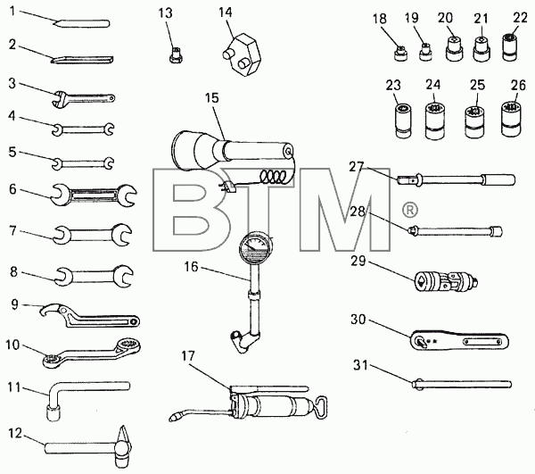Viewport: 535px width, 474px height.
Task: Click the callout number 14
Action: pyautogui.click(x=226, y=12)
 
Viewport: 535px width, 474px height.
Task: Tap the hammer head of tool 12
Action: pyautogui.click(x=123, y=446)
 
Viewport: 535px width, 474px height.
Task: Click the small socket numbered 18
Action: pyautogui.click(x=400, y=54)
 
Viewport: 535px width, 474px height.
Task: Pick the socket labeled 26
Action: pyautogui.click(x=512, y=119)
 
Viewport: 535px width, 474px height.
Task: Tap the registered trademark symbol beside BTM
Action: pyautogui.click(x=409, y=210)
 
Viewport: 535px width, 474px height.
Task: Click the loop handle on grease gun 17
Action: pyautogui.click(x=321, y=407)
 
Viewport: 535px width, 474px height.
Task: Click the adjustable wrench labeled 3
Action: pyautogui.click(x=84, y=99)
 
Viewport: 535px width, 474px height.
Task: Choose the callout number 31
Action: pyautogui.click(x=360, y=366)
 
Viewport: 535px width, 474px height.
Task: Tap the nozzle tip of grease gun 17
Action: pyautogui.click(x=173, y=417)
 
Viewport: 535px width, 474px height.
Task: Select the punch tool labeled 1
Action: pyautogui.click(x=81, y=23)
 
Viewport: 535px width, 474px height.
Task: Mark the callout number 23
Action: pyautogui.click(x=393, y=85)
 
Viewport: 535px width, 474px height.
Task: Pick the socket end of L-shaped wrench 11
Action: pyautogui.click(x=53, y=412)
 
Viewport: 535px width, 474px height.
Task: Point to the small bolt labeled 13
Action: pyautogui.click(x=176, y=55)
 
